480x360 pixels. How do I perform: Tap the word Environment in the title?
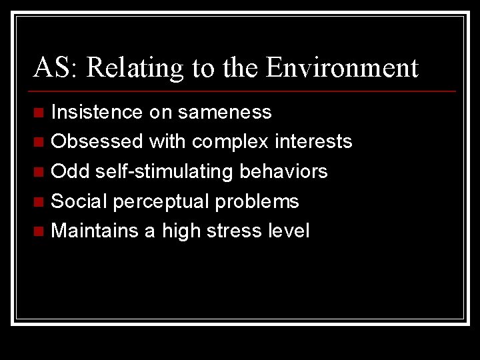(x=341, y=67)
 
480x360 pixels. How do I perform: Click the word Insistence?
(x=97, y=112)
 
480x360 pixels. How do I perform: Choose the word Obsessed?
(x=97, y=141)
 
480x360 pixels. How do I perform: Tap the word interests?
(x=312, y=141)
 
